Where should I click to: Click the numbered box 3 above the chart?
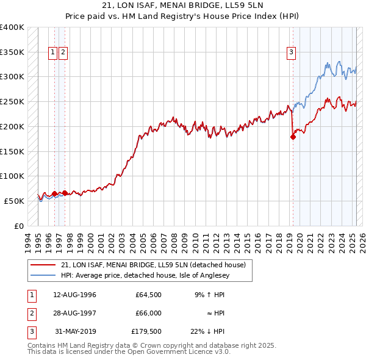tap(292, 53)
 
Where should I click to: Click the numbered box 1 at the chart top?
tap(53, 53)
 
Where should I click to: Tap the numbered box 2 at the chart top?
tap(63, 53)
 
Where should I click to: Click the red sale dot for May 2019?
tap(293, 137)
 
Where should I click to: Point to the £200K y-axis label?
tap(12, 126)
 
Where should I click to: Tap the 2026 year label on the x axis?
tap(361, 242)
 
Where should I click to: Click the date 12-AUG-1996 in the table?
tap(75, 295)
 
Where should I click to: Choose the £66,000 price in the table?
tap(148, 313)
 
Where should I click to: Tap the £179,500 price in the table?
tap(146, 331)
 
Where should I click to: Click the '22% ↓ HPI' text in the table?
tap(207, 331)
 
